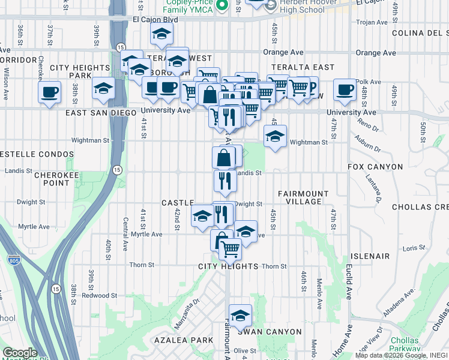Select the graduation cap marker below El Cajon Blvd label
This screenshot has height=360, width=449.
160,35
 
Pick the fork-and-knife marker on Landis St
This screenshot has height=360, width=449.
225,181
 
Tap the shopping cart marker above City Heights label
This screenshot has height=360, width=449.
230,248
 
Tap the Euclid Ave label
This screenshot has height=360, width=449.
349,283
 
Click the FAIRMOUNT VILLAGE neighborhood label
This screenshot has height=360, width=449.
303,197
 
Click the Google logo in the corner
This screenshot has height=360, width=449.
20,353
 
